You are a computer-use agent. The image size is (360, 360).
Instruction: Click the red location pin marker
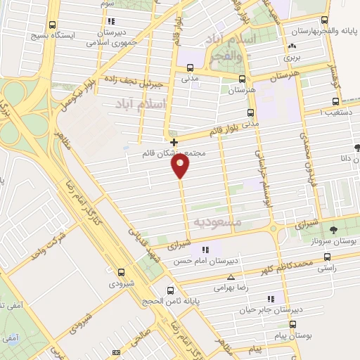click(x=181, y=166)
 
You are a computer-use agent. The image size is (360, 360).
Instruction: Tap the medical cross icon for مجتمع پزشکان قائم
click(x=174, y=142)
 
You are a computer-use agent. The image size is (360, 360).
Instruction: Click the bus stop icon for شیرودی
click(x=121, y=271)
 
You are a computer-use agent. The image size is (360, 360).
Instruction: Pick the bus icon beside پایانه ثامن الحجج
click(x=172, y=289)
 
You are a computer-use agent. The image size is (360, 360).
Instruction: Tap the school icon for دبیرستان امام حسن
click(x=204, y=250)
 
